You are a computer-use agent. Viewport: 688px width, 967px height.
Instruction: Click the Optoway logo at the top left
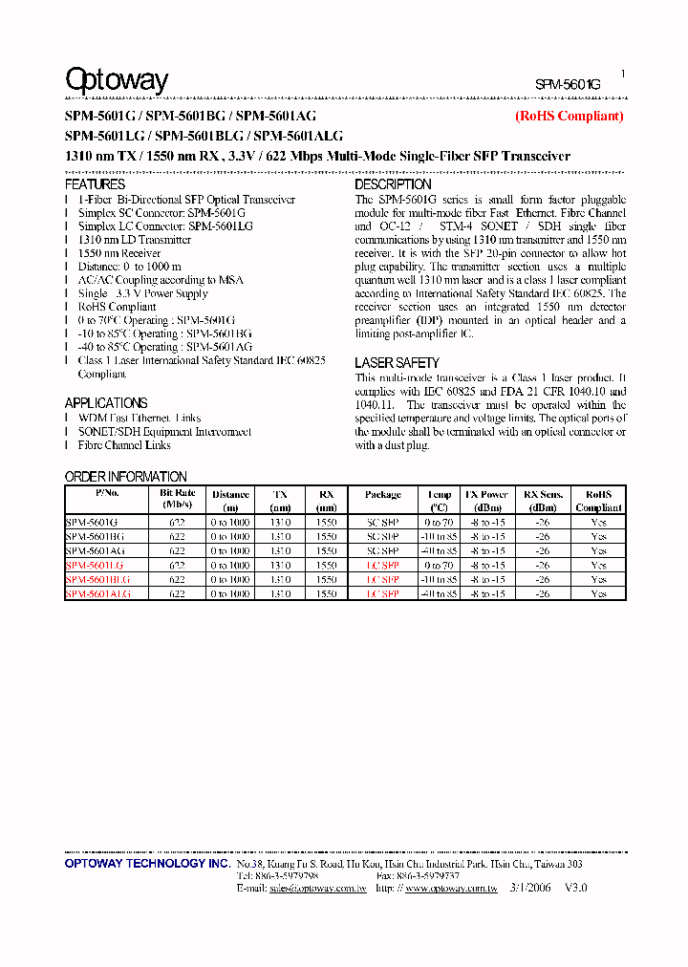click(x=116, y=80)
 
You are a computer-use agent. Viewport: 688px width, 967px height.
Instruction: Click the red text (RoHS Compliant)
click(x=569, y=116)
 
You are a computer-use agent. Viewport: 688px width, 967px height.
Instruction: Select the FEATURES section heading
click(x=95, y=183)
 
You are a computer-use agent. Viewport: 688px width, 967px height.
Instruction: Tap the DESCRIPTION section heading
click(x=393, y=183)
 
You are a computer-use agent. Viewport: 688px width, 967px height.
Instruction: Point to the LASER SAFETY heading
click(x=397, y=363)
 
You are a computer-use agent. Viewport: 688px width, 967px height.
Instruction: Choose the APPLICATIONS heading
click(x=105, y=403)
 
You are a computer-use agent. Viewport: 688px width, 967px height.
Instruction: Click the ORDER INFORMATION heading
click(x=125, y=477)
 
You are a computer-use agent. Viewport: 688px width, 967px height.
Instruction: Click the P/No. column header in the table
click(x=107, y=495)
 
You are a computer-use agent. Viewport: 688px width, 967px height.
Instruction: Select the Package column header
click(x=383, y=495)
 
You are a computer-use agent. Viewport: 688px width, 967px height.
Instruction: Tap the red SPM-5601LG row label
click(x=93, y=566)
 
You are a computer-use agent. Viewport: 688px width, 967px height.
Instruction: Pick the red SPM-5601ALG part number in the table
click(x=97, y=593)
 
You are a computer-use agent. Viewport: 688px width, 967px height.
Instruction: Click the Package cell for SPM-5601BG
click(x=383, y=537)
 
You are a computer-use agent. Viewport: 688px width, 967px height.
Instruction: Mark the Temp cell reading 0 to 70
click(x=440, y=523)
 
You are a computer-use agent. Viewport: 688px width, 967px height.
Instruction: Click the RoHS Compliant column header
click(x=598, y=501)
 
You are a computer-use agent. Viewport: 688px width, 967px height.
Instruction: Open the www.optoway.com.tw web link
click(x=451, y=889)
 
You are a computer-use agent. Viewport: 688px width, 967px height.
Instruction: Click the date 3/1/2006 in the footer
click(x=530, y=888)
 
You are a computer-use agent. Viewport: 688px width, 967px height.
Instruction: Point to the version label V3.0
click(x=575, y=888)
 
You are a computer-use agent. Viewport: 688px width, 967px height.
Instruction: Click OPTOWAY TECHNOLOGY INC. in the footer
click(x=146, y=864)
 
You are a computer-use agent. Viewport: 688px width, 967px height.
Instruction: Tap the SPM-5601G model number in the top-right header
click(x=568, y=84)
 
